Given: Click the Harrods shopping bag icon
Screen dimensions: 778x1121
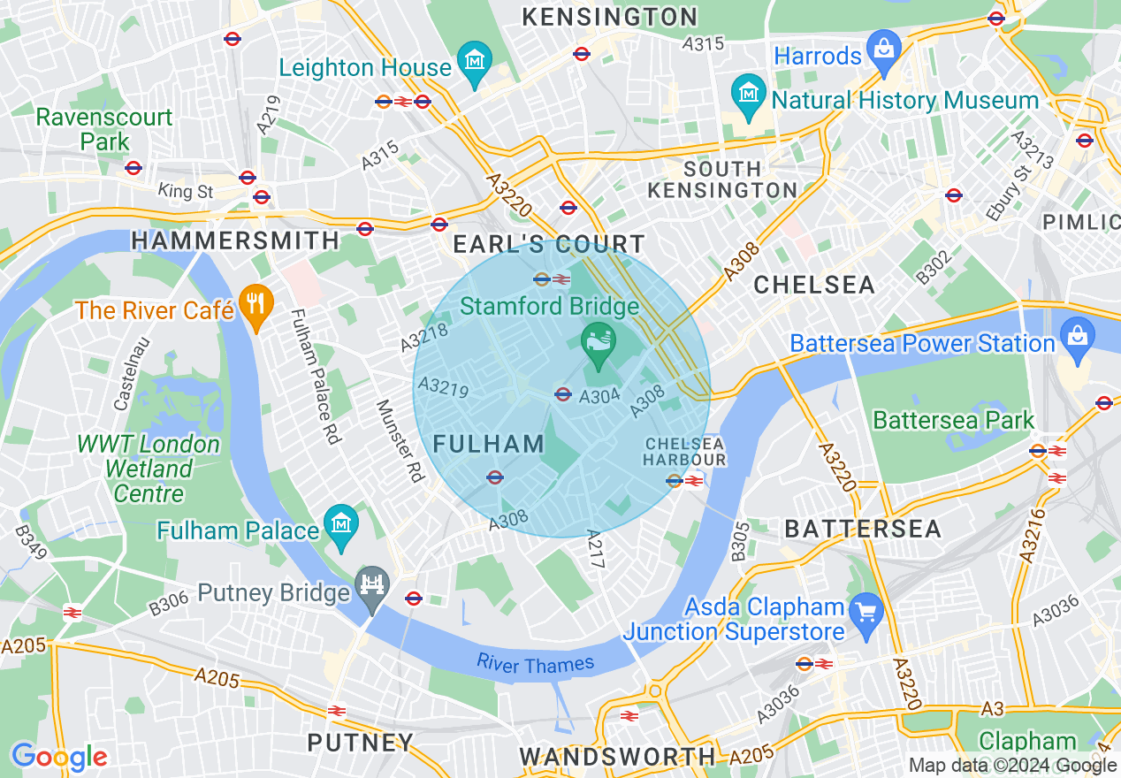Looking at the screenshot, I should [883, 45].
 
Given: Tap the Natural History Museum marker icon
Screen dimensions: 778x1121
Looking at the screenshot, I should [749, 92].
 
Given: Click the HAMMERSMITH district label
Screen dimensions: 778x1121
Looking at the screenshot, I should [235, 240].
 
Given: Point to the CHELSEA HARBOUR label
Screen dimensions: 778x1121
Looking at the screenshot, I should [684, 451].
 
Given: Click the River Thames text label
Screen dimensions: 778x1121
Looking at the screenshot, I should [535, 663].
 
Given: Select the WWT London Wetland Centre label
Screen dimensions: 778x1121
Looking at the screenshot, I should [148, 469].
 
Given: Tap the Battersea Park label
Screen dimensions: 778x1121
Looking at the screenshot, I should [953, 420].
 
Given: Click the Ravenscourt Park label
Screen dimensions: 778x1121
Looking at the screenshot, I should [104, 129].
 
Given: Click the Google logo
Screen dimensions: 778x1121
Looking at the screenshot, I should [59, 757].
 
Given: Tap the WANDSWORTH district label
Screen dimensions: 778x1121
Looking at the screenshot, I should [617, 756].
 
